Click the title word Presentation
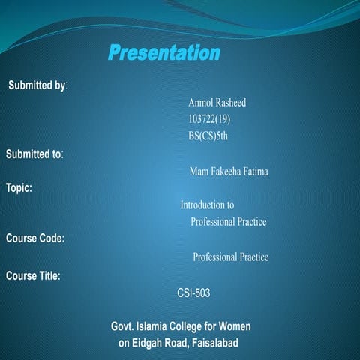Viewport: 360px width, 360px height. (x=163, y=53)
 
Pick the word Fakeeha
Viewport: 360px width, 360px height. (x=229, y=172)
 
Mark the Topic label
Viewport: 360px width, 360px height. (x=19, y=187)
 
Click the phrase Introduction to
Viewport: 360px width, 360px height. (x=207, y=205)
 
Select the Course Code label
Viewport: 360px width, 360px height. (x=35, y=238)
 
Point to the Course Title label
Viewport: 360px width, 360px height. (x=34, y=275)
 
